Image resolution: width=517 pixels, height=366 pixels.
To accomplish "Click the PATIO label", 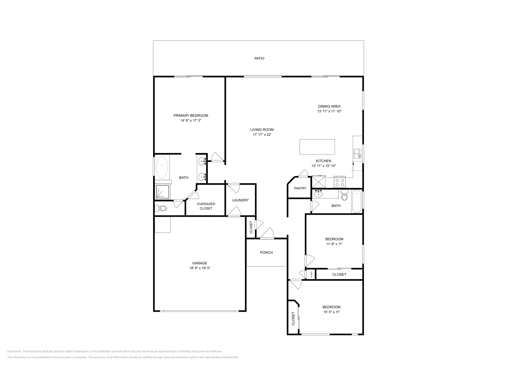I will tap(259, 59).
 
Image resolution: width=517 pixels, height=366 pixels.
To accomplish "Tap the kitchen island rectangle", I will tap(317, 147).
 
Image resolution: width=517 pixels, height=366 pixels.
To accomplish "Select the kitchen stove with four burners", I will tap(340, 182).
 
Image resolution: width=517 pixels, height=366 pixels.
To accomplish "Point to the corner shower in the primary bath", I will tap(162, 191).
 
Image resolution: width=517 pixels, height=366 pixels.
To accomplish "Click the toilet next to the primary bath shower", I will tap(160, 208).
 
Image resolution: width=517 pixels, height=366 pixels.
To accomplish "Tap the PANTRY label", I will tap(300, 188).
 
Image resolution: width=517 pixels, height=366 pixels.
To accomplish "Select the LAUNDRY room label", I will tap(240, 200).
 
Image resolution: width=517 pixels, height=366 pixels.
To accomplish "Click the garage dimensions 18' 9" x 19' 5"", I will tap(200, 268).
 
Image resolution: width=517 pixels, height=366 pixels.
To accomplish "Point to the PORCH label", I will tap(266, 253).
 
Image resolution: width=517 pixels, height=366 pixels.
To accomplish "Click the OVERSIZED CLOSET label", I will tap(206, 206).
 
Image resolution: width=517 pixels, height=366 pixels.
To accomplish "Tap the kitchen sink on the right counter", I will tap(357, 153).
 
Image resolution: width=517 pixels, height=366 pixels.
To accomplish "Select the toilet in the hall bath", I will tap(344, 195).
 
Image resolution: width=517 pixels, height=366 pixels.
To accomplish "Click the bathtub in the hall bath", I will tap(357, 201).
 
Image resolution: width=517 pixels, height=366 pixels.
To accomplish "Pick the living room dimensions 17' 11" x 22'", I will tap(262, 135).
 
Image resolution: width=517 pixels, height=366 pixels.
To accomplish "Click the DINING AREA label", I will tap(329, 106).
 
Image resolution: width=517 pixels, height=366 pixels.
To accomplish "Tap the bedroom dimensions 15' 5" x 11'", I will tap(331, 312).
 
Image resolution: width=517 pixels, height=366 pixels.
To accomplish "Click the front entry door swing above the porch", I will tap(268, 234).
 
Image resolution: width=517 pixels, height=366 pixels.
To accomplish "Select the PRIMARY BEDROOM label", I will tap(191, 115).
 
